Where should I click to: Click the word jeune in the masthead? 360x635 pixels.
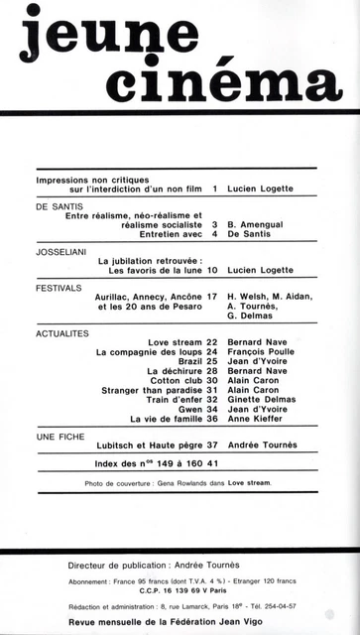[x=94, y=40]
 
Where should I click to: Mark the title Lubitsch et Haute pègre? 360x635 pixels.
[x=149, y=445]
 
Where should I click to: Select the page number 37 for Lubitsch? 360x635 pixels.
[x=211, y=445]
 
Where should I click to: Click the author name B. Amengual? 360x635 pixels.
[x=259, y=225]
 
